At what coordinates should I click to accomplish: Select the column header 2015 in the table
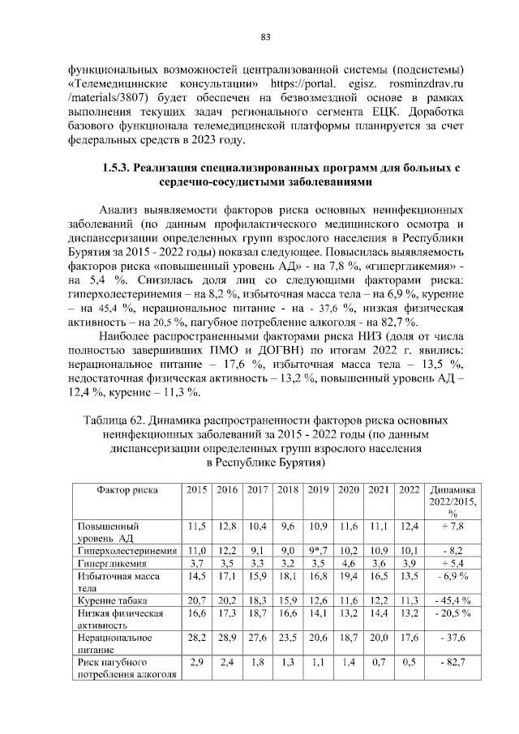[x=196, y=490]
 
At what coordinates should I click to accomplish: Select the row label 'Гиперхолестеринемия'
[x=127, y=551]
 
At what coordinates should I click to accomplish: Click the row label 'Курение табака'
[x=109, y=600]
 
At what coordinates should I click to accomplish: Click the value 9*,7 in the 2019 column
[x=318, y=551]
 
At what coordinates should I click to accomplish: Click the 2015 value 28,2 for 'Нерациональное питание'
[x=196, y=638]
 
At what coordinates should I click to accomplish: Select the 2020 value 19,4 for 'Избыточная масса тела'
[x=349, y=576]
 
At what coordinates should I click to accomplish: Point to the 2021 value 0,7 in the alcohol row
[x=379, y=663]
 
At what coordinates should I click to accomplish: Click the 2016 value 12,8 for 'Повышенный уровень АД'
[x=227, y=527]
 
